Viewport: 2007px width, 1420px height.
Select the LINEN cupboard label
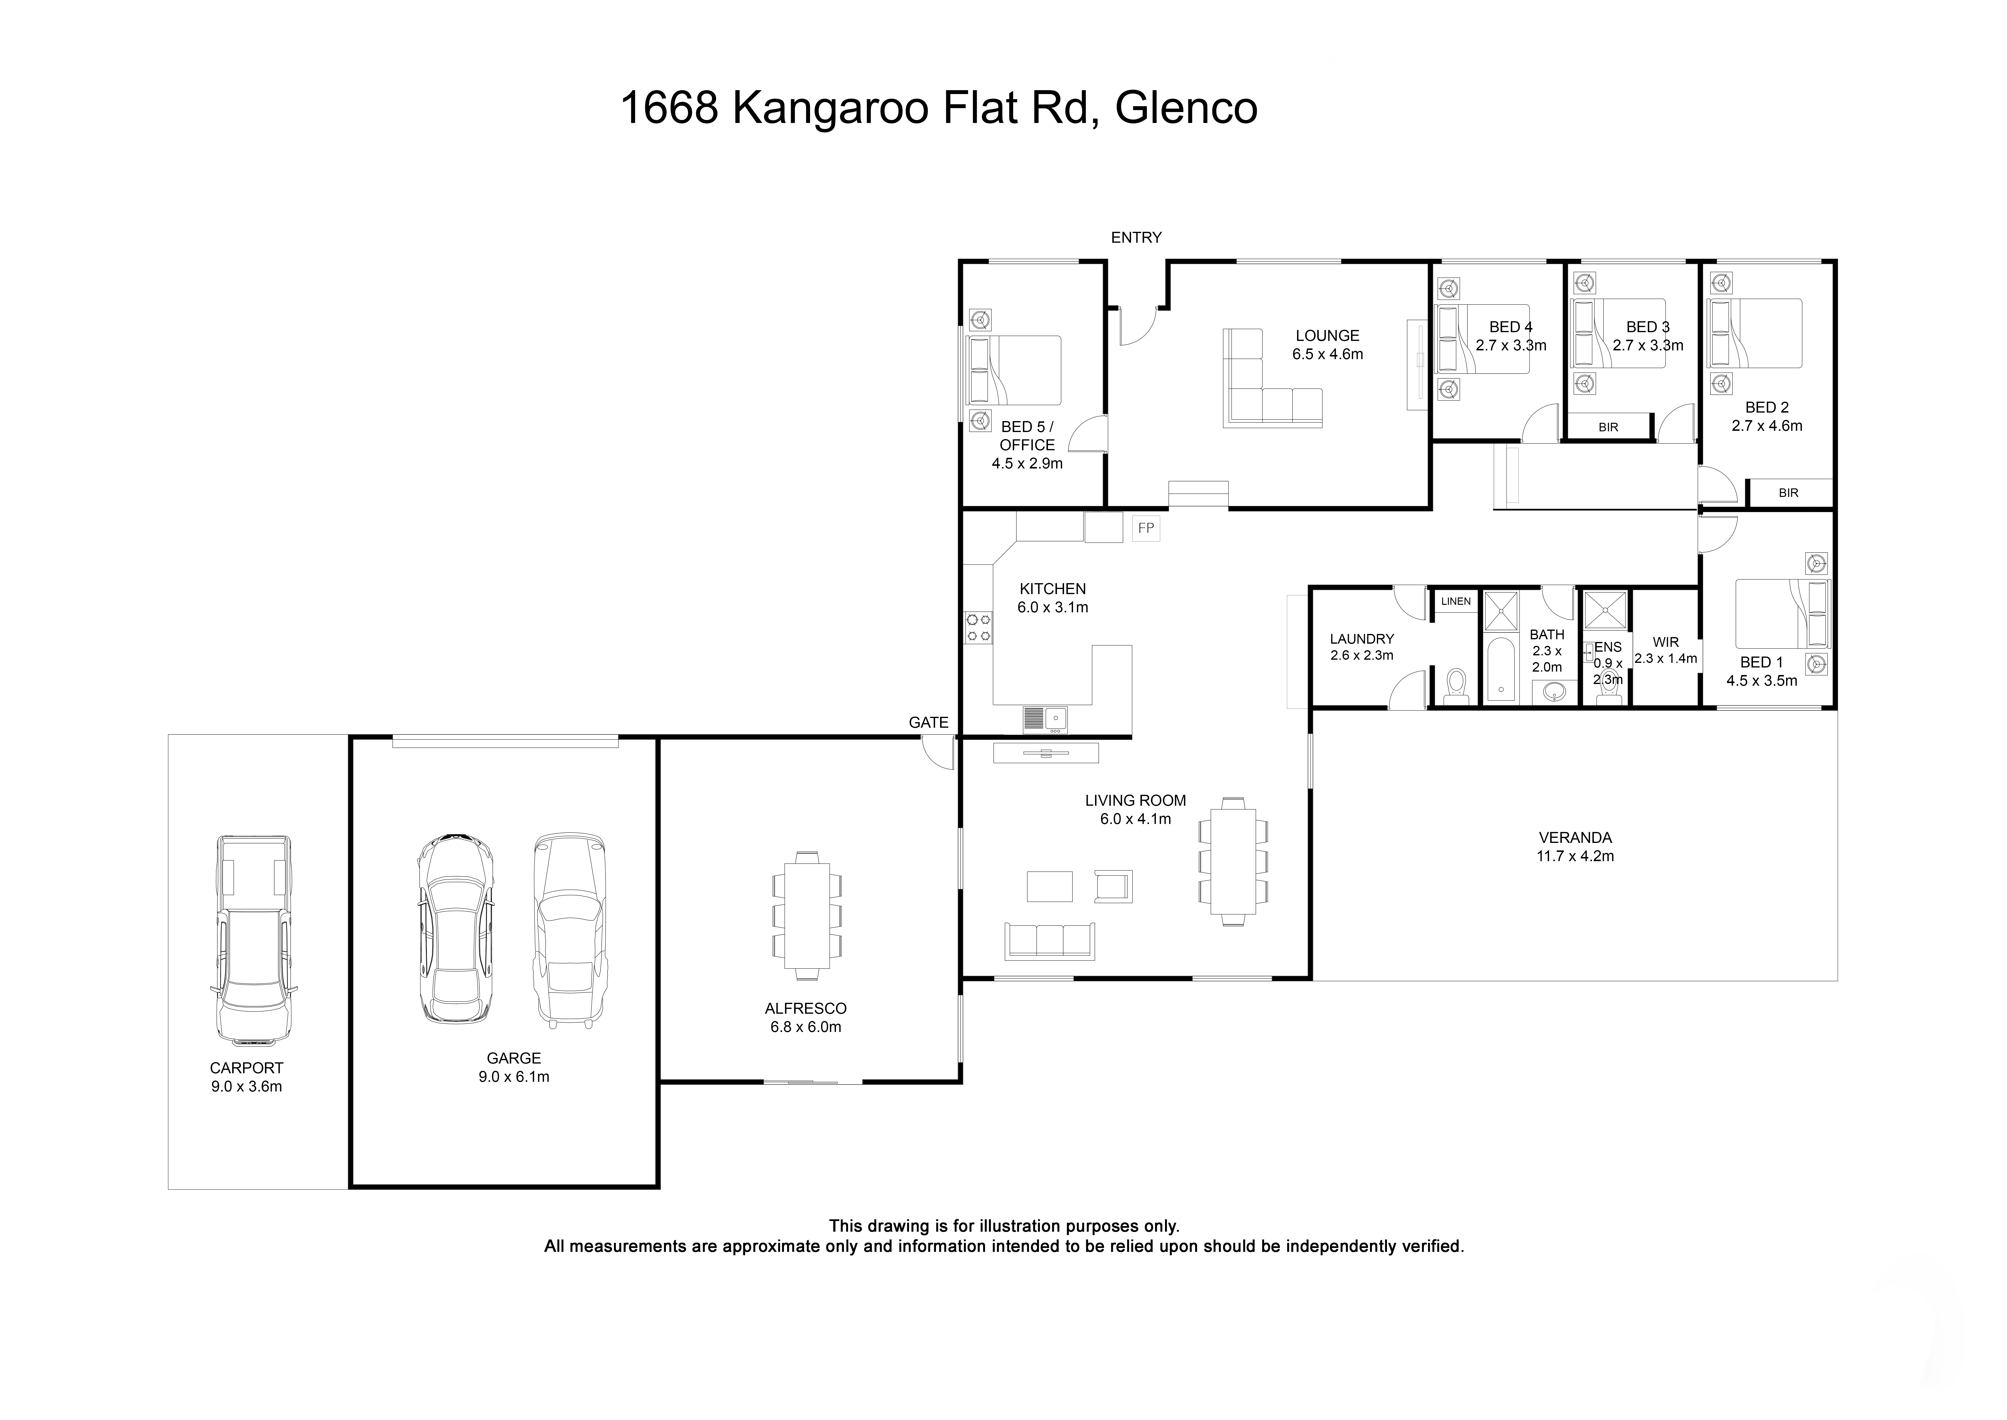point(1455,602)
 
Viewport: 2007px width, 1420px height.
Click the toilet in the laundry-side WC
point(1455,685)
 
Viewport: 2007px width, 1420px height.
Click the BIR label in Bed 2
point(1788,493)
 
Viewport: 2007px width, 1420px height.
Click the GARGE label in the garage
point(513,1058)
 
